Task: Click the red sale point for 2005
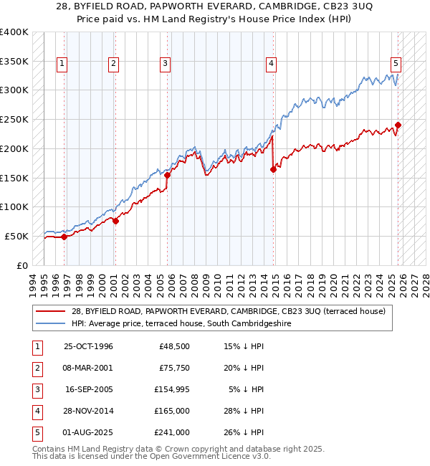pos(167,175)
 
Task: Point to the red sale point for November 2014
pos(273,170)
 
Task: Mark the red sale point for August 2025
pos(398,125)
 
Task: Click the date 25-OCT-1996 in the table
pos(88,347)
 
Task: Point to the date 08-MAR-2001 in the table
pos(88,368)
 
